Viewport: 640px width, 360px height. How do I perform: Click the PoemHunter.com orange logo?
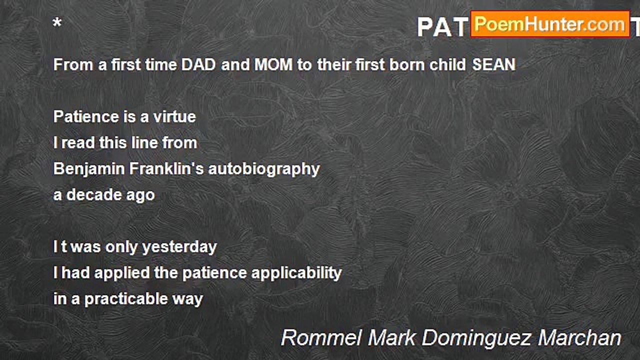click(550, 24)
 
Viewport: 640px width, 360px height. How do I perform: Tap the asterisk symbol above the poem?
click(57, 23)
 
